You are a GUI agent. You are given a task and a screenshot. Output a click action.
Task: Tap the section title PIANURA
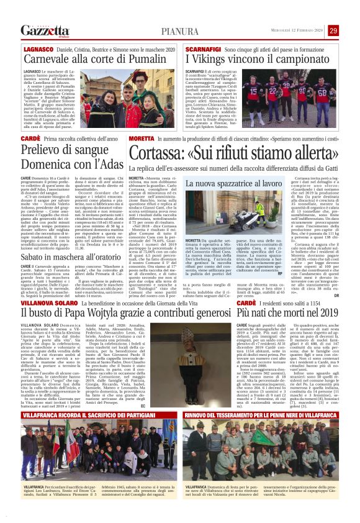(180, 31)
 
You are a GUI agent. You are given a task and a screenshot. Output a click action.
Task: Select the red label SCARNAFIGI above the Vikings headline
(200, 48)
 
